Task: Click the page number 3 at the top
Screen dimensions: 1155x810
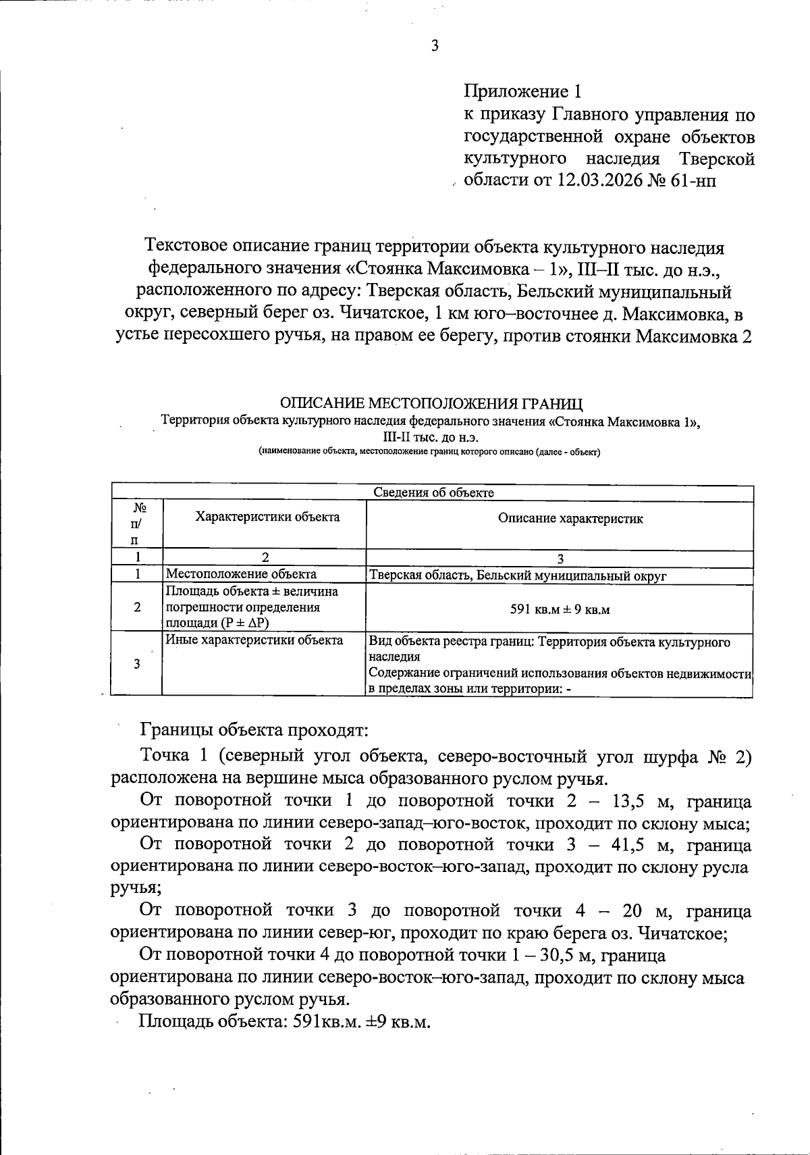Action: tap(435, 46)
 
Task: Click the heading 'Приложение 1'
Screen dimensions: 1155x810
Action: tap(522, 91)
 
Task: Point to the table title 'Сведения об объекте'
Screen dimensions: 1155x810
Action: tap(433, 492)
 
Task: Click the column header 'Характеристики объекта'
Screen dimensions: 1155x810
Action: tap(267, 517)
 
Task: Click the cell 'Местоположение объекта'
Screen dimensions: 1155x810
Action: tap(241, 575)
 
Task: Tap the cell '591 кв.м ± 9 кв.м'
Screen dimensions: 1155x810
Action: tap(560, 609)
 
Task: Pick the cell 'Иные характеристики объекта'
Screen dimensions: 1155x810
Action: tap(254, 640)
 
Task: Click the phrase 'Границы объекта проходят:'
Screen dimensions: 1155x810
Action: tap(254, 730)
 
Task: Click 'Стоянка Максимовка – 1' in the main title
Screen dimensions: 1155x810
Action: tap(459, 268)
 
